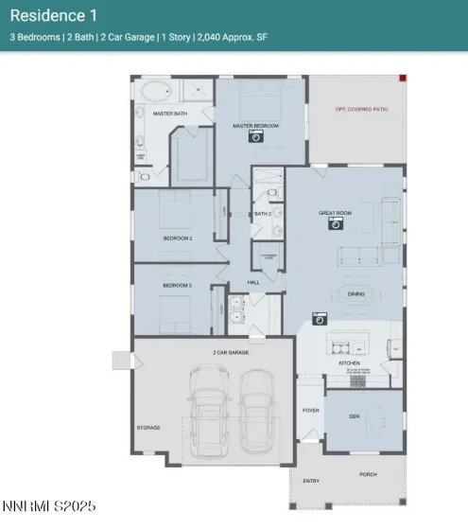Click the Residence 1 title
pos(53,15)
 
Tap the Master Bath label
pos(167,113)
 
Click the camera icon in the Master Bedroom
pos(255,136)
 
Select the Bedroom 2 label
pos(178,238)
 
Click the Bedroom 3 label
pos(178,285)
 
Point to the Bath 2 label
pos(263,214)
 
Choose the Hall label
pos(253,282)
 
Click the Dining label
pos(356,293)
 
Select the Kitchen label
pos(350,362)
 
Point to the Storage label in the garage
pos(147,428)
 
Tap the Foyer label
pos(309,411)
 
